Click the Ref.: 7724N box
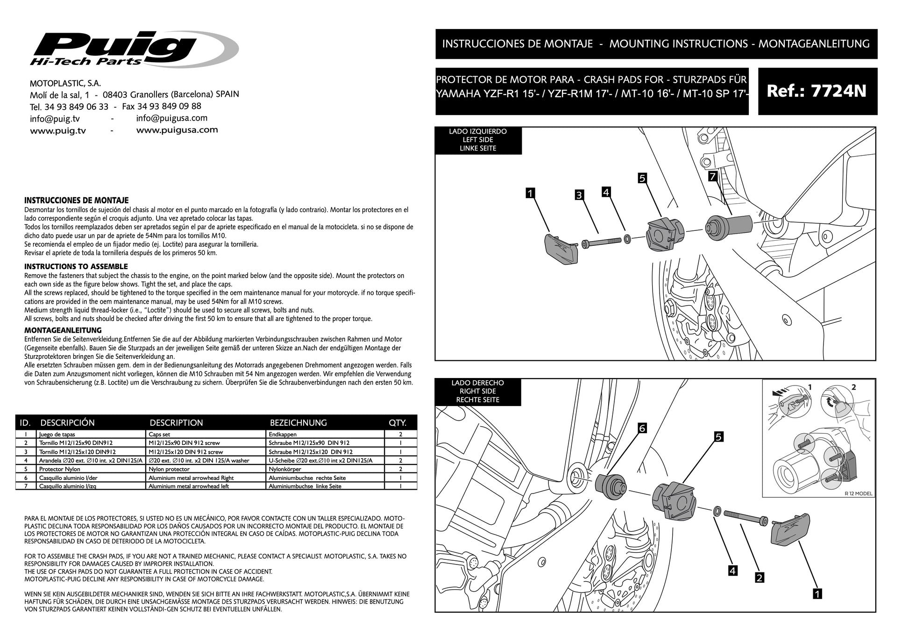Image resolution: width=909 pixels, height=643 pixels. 817,91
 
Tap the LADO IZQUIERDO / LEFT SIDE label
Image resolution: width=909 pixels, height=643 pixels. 478,140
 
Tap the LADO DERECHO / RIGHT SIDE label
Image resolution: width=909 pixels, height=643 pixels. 478,391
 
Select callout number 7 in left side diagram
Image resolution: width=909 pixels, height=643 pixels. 712,177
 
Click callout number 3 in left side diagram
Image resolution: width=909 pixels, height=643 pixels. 579,195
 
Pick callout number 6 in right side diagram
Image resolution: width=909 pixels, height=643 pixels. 642,428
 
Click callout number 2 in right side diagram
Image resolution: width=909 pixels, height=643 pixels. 760,578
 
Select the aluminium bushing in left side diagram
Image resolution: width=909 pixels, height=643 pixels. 726,228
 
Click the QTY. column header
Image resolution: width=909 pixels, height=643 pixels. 398,423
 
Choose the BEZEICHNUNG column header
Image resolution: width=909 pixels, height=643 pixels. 298,423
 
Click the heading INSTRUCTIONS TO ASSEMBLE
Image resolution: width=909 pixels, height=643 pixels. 76,267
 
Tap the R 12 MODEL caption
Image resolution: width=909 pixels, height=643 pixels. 858,493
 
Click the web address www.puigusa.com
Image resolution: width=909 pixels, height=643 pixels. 177,130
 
